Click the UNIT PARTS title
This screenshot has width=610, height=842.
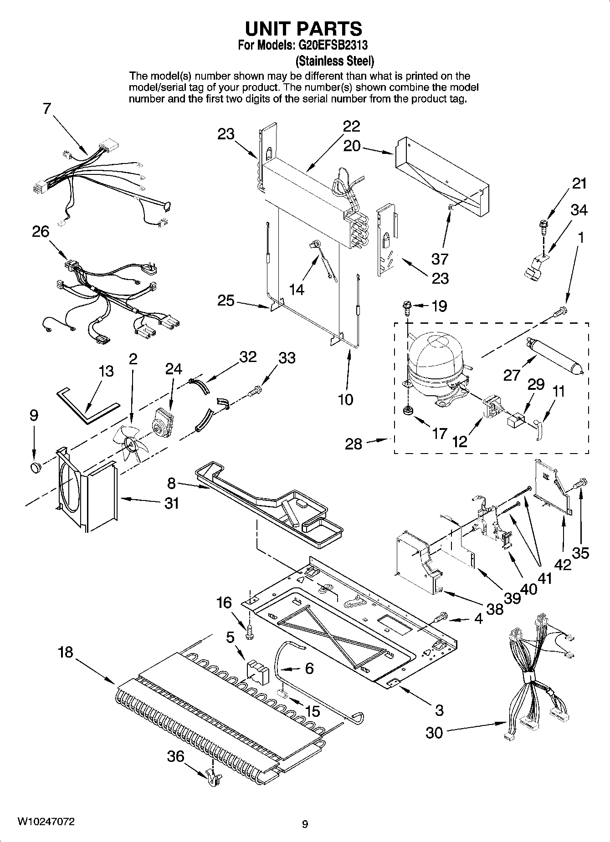pyautogui.click(x=304, y=29)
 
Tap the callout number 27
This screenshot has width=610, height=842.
pyautogui.click(x=512, y=375)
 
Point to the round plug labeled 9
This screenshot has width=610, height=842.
pyautogui.click(x=36, y=467)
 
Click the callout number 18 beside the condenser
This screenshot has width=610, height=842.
pyautogui.click(x=65, y=652)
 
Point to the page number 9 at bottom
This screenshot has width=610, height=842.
pyautogui.click(x=305, y=824)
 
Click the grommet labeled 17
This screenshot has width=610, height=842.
pyautogui.click(x=407, y=411)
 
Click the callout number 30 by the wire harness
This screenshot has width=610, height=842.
pyautogui.click(x=434, y=733)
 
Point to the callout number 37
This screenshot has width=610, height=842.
pyautogui.click(x=440, y=259)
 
